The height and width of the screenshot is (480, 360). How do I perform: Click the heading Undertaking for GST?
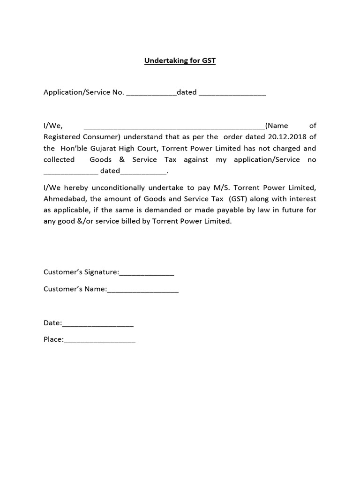[x=180, y=61]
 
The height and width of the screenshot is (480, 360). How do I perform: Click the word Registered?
[x=63, y=137]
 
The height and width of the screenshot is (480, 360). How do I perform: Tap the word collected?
[x=59, y=159]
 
